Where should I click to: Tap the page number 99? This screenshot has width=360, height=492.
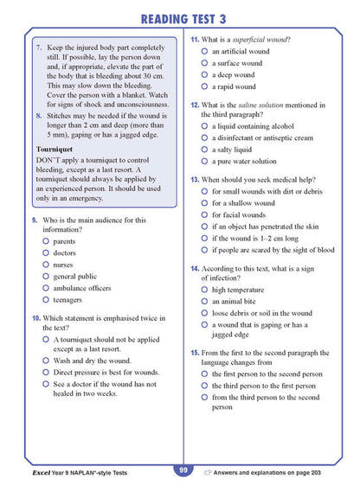click(183, 470)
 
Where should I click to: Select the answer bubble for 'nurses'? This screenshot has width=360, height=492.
click(45, 265)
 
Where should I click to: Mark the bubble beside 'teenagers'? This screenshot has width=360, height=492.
click(45, 300)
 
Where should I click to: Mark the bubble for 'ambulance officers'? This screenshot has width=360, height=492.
click(45, 289)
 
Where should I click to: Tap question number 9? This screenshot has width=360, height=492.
click(33, 220)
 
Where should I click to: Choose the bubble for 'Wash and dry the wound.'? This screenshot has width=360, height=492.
click(45, 361)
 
